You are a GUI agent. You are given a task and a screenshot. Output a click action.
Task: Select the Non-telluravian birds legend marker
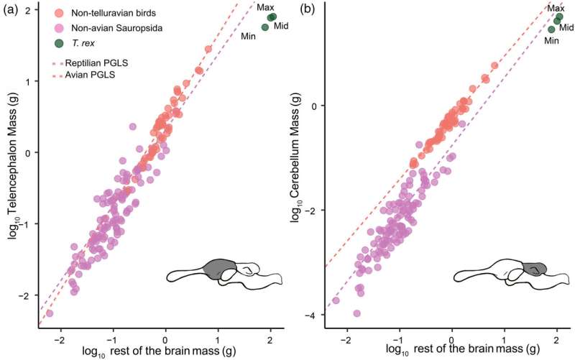pos(59,14)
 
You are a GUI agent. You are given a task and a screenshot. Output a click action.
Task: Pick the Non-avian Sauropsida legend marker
pos(59,29)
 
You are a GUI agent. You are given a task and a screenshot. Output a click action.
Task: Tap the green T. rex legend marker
pos(59,44)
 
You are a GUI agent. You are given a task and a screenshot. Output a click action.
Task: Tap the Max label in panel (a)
pos(267,7)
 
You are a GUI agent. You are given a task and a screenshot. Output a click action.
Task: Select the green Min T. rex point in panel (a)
pos(264,27)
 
